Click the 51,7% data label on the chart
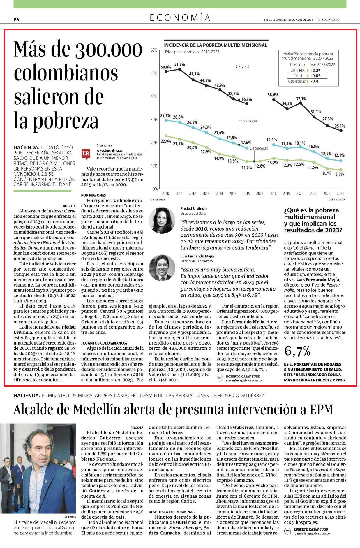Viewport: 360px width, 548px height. (x=179, y=64)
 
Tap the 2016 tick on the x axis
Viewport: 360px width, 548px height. (x=246, y=194)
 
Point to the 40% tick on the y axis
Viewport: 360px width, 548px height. (x=154, y=96)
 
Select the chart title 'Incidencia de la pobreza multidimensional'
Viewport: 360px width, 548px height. (x=216, y=45)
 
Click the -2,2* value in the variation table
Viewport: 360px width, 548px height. (x=315, y=70)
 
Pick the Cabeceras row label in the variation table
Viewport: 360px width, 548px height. (x=297, y=81)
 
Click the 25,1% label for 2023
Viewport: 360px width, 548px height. (x=340, y=126)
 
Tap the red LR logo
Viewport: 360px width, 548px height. (x=86, y=154)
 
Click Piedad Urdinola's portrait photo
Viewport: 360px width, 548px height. (x=162, y=220)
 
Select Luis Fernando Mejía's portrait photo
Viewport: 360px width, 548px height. (x=162, y=268)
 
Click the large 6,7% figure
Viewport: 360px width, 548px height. (x=297, y=351)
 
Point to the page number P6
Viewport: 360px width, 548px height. (x=16, y=20)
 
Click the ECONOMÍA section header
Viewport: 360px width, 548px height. (x=180, y=18)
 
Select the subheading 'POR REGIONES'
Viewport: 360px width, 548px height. (x=93, y=195)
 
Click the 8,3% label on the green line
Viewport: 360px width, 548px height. (x=339, y=174)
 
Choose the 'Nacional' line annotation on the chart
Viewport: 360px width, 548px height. (x=250, y=121)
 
